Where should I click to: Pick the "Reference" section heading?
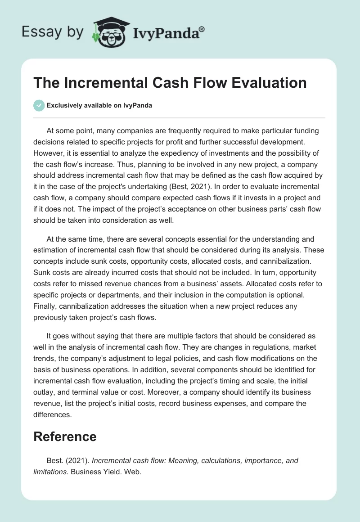point(65,436)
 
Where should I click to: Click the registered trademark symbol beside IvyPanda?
point(202,28)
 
